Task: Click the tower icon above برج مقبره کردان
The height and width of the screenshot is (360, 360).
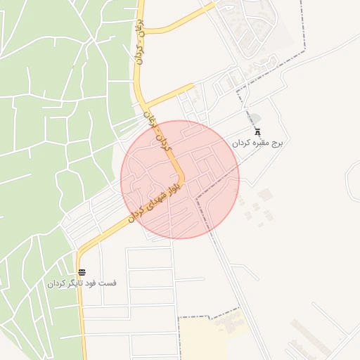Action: [257, 130]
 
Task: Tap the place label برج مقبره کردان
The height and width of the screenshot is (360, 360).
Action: [257, 142]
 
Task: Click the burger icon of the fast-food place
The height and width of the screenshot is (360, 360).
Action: [82, 272]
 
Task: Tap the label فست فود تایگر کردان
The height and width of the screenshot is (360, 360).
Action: [82, 283]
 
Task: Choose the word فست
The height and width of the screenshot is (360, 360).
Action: [109, 283]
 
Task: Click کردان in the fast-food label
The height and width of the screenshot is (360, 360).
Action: [57, 283]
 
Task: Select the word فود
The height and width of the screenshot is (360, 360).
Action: [94, 283]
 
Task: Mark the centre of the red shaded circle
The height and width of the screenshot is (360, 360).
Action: [180, 179]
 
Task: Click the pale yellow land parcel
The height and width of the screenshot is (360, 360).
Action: [204, 337]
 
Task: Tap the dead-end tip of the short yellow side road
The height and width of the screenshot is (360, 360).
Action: [192, 86]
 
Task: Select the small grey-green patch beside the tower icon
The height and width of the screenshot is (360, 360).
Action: [255, 119]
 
